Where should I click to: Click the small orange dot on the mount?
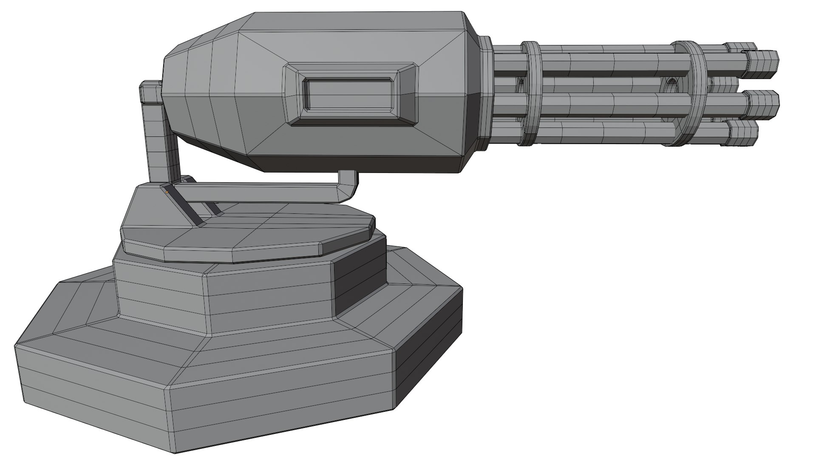pyautogui.click(x=167, y=192)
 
